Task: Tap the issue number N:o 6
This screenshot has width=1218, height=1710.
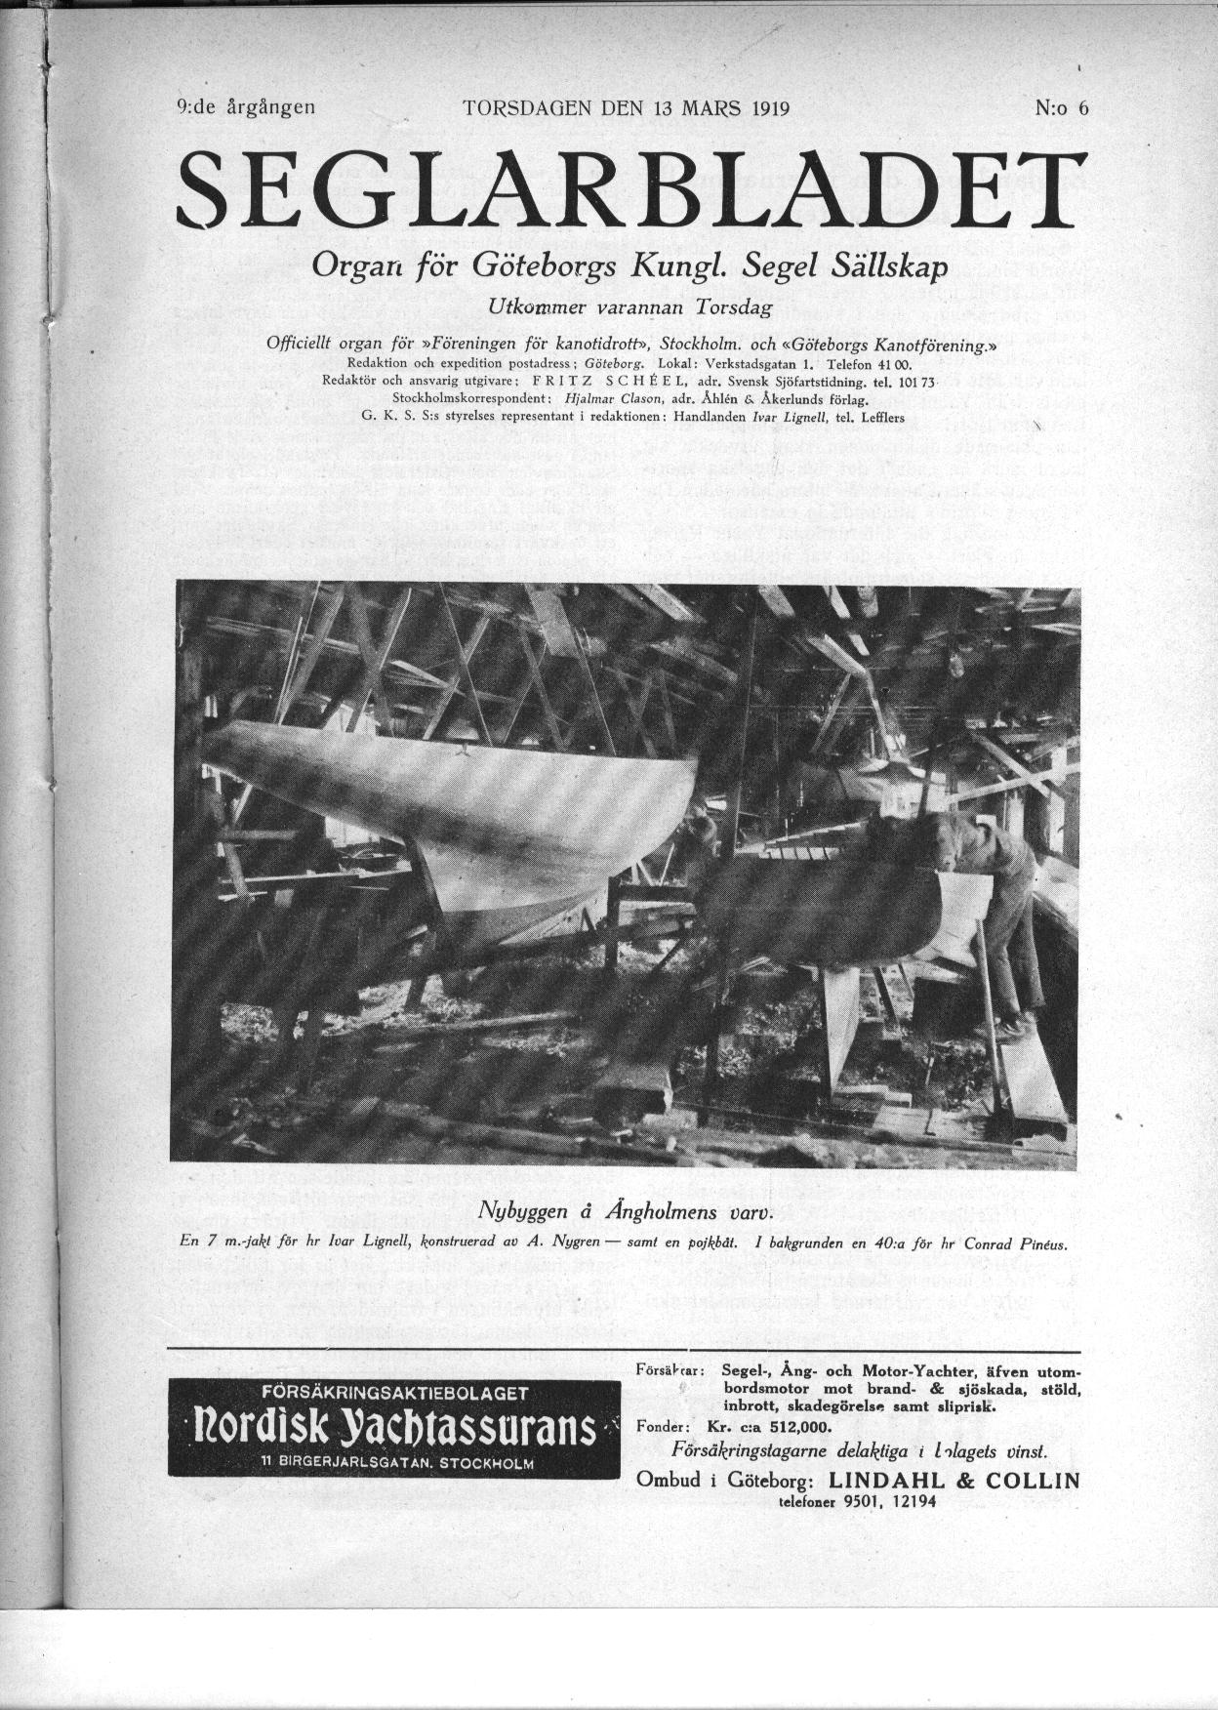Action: pos(1061,108)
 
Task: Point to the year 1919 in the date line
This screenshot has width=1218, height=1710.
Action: pos(770,108)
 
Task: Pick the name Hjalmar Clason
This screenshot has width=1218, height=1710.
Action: pos(592,398)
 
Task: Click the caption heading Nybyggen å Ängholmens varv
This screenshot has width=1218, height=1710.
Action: pos(625,1212)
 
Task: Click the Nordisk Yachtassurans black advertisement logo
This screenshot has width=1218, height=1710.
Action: pos(394,1428)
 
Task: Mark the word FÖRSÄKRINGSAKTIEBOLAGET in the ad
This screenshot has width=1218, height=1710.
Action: pos(394,1392)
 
